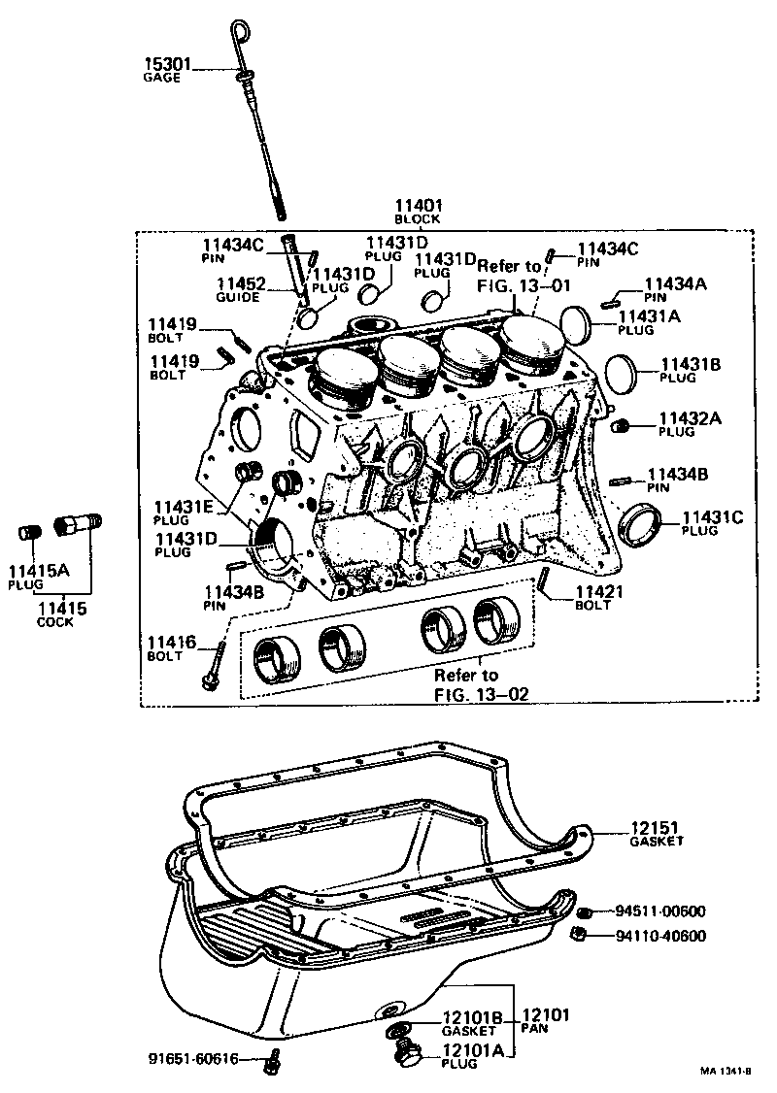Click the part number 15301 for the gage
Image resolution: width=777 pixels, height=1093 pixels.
(x=168, y=65)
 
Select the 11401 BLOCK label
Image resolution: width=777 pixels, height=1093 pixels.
(x=419, y=212)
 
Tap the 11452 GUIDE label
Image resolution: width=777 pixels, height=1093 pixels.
(x=239, y=289)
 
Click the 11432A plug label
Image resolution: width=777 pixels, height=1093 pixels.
(x=691, y=424)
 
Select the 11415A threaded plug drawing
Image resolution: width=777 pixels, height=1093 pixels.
(x=29, y=533)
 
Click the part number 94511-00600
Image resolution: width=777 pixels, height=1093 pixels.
(x=660, y=911)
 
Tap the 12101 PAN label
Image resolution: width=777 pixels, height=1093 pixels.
(x=546, y=1021)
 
